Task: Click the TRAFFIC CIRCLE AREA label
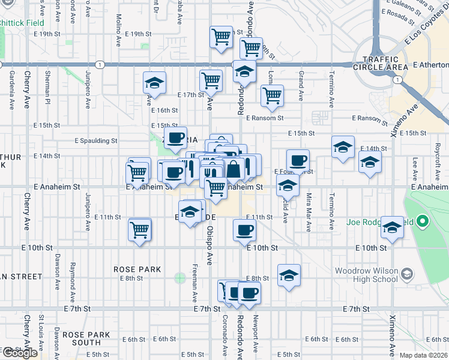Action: [x=384, y=63]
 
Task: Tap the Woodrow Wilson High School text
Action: [x=366, y=275]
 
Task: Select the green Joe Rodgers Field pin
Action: [x=422, y=223]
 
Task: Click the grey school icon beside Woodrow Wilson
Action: [x=408, y=275]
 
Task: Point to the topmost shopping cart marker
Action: [x=221, y=37]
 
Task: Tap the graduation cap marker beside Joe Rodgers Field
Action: [x=393, y=228]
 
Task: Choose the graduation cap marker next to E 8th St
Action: [x=289, y=276]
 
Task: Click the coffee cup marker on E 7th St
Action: [x=249, y=293]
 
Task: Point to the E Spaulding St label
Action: [x=95, y=141]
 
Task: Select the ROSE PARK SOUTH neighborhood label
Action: [x=86, y=338]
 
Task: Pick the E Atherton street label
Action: [x=430, y=64]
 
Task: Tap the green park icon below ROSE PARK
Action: [x=179, y=278]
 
